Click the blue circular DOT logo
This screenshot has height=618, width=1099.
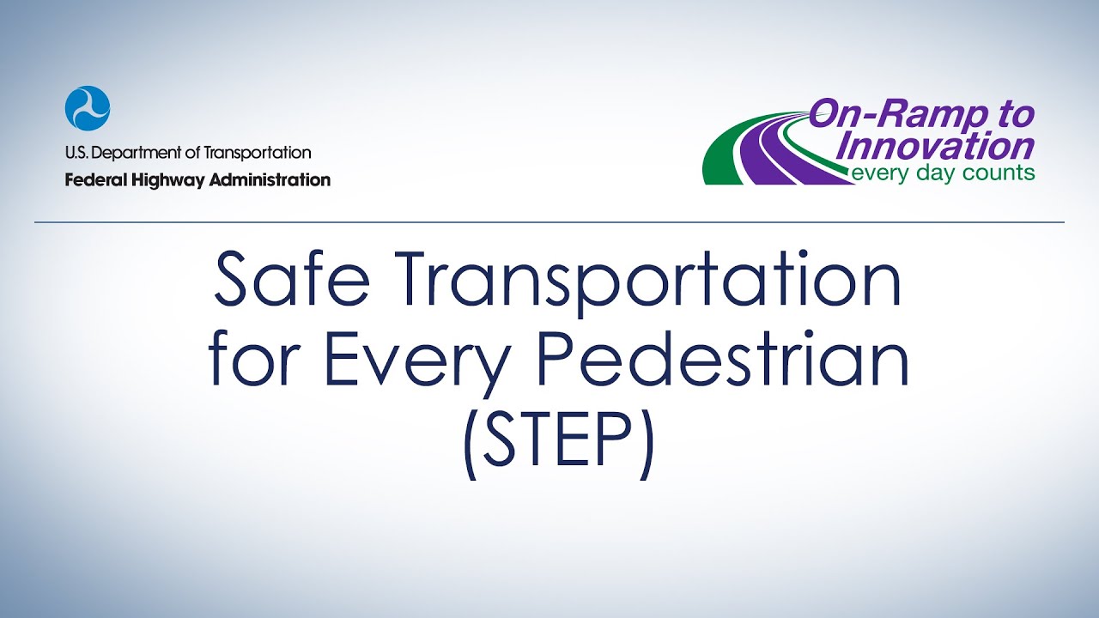88,108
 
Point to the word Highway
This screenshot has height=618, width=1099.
163,180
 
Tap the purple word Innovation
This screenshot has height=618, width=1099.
936,145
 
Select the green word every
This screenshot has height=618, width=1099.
876,173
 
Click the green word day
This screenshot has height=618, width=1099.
933,173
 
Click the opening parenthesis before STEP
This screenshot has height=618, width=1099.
470,446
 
